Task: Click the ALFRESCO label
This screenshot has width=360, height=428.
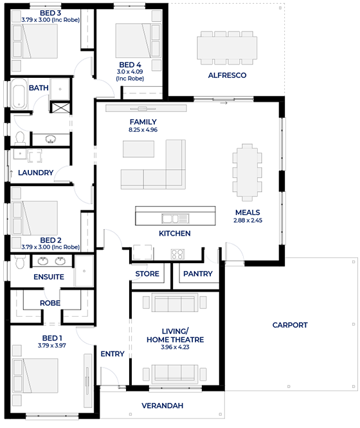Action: click(x=227, y=75)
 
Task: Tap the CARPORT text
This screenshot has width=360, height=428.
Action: click(x=290, y=325)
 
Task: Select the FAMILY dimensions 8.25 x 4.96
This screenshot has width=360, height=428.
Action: click(x=143, y=130)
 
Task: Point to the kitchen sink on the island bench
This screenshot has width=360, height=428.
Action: click(x=175, y=219)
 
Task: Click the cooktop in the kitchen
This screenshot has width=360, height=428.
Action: click(x=178, y=254)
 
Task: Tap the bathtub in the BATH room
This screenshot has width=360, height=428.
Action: click(x=19, y=94)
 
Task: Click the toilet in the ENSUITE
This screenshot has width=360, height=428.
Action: click(x=20, y=262)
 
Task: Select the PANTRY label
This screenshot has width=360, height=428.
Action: click(x=198, y=274)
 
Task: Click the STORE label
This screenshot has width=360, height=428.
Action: click(x=147, y=274)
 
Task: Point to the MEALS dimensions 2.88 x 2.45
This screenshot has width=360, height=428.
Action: click(x=248, y=221)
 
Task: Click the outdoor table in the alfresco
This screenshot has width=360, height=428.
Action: click(x=227, y=48)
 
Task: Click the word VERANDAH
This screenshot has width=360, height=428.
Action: click(x=162, y=405)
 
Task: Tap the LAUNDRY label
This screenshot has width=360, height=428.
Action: click(x=36, y=172)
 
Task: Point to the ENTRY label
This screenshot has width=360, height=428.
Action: click(x=113, y=354)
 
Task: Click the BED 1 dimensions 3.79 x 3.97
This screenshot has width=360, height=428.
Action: click(x=52, y=346)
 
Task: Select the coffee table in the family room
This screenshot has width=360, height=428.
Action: click(x=139, y=149)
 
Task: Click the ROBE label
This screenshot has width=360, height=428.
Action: click(x=50, y=303)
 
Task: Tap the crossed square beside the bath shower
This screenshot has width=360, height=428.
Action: click(x=60, y=107)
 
